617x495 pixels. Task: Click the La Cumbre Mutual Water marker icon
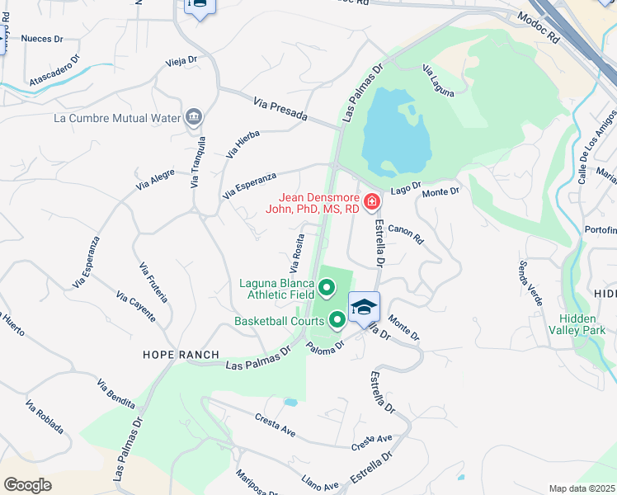[194, 116]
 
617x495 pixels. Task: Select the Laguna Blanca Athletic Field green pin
[327, 288]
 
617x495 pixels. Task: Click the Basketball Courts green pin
[337, 318]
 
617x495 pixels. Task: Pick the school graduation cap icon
[364, 309]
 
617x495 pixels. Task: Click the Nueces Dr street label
[42, 39]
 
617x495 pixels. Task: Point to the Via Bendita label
[115, 395]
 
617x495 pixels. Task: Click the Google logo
[27, 485]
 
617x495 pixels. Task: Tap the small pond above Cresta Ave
[290, 403]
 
